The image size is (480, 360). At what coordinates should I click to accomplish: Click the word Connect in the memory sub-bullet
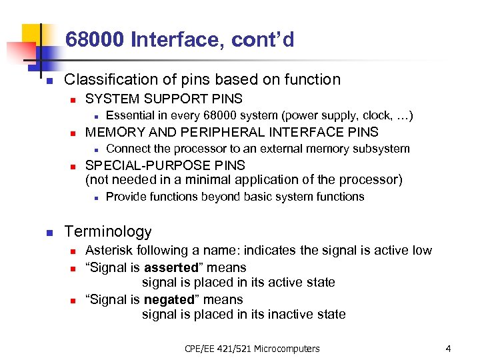tap(128, 149)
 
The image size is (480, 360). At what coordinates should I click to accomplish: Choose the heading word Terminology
tap(108, 232)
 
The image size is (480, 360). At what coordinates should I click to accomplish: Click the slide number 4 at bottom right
tap(449, 348)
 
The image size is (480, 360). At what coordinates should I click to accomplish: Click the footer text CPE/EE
tap(201, 348)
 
